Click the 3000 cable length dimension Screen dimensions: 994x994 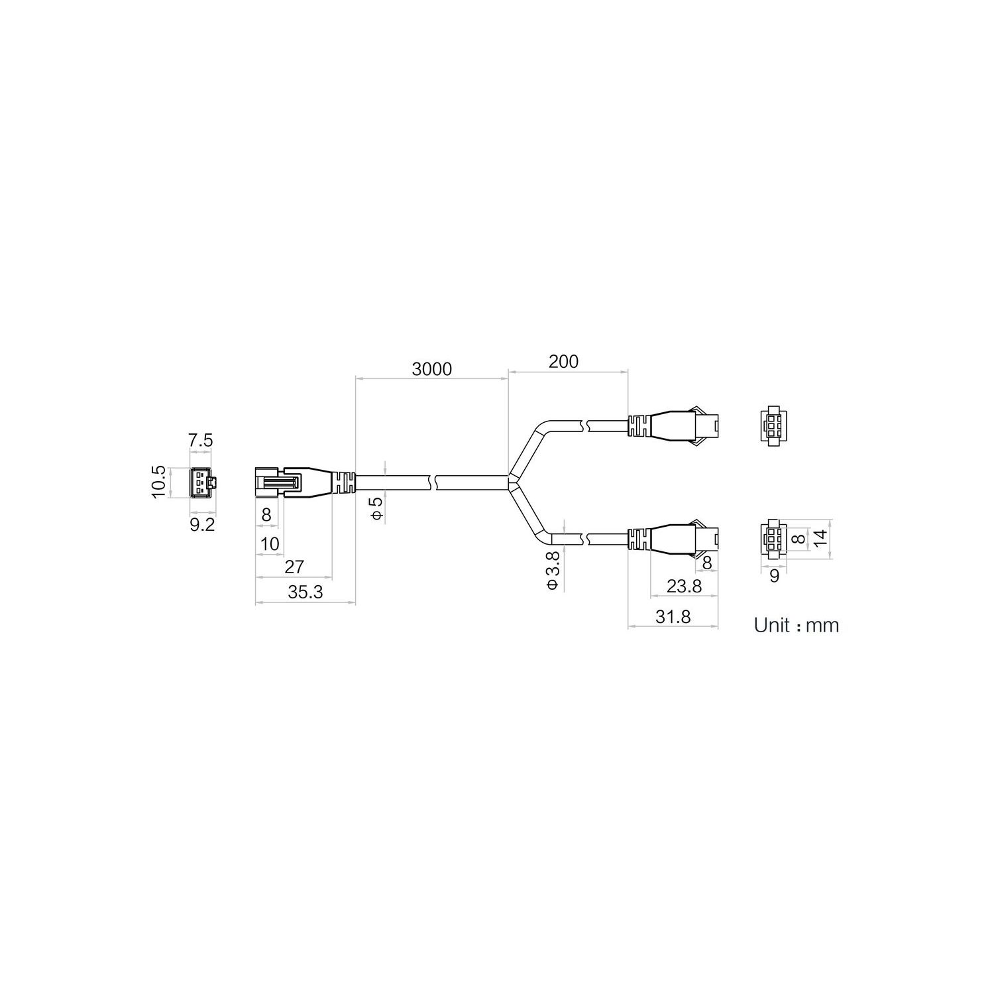tap(431, 369)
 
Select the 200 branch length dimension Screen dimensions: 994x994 tap(563, 361)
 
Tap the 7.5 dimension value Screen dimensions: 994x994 tap(201, 440)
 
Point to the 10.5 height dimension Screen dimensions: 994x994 tap(158, 482)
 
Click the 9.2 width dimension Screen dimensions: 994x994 tap(202, 525)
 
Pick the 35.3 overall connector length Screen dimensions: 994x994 tap(305, 592)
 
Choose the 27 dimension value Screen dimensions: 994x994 tap(294, 567)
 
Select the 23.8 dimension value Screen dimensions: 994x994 tap(683, 586)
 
